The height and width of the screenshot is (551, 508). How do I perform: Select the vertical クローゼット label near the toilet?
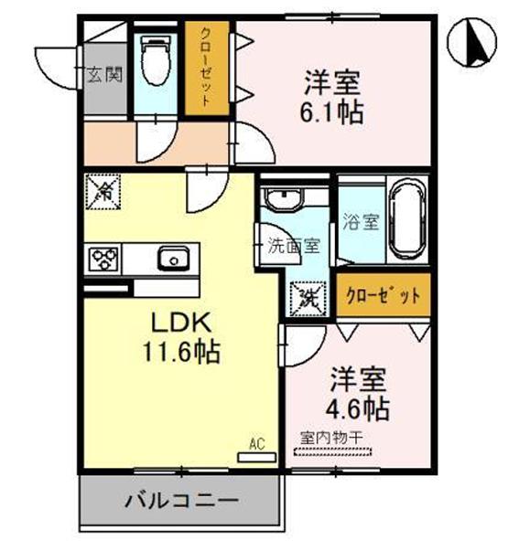(207, 69)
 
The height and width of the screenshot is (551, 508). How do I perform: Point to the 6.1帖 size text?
(334, 111)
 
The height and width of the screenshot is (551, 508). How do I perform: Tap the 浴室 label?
(360, 222)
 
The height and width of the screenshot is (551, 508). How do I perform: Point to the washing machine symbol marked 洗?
(306, 295)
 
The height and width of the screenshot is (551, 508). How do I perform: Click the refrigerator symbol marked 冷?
(102, 192)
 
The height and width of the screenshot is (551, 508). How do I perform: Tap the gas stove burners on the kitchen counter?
(103, 260)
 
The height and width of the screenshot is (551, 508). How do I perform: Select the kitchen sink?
(171, 260)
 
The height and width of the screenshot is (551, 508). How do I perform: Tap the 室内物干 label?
(331, 437)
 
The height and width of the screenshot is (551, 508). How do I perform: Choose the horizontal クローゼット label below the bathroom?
(384, 295)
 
